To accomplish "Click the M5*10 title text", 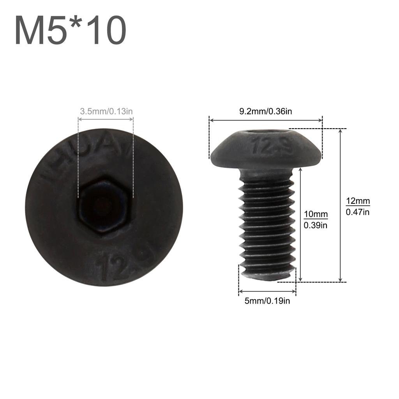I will pos(71,31).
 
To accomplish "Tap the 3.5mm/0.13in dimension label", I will pos(106,111).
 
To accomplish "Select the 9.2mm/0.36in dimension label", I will pos(266,111).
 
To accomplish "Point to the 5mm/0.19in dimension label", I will pos(267,300).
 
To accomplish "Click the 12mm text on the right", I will pos(358,201).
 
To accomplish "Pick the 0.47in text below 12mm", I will pos(358,212).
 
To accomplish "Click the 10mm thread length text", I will pos(316,214).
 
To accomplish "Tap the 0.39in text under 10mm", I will pos(316,225).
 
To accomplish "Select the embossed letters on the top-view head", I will pos(87,160).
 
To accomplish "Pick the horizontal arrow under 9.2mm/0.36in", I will pos(266,120).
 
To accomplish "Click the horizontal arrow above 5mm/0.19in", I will pos(267,291).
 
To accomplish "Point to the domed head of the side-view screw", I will pos(266,150).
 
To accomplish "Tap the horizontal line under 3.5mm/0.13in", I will pos(106,120).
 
